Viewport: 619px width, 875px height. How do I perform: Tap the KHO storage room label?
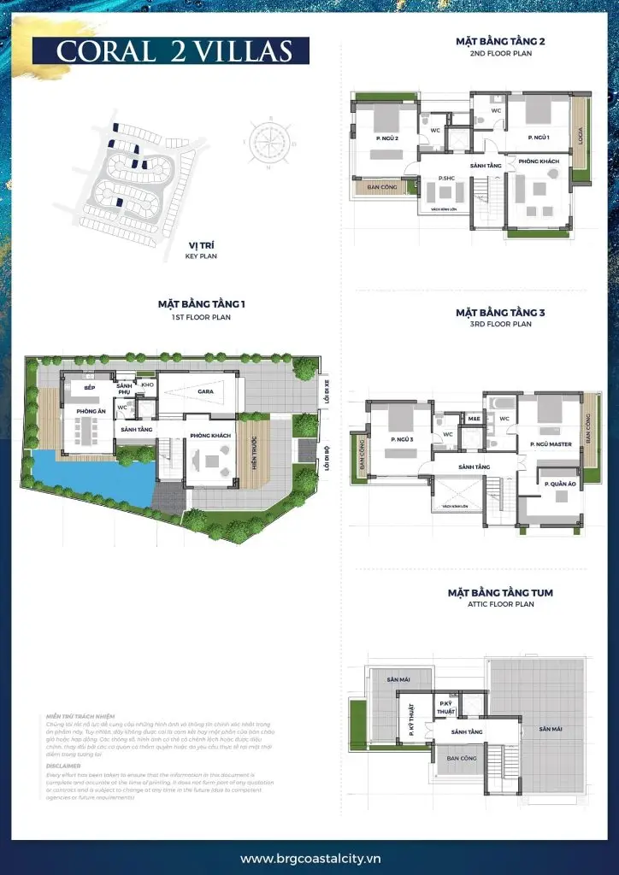[x=147, y=385]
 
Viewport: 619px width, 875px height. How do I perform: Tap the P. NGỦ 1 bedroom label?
[x=538, y=137]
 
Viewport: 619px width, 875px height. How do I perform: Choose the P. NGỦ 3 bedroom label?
[x=400, y=439]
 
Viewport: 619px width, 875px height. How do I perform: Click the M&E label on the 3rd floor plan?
[x=473, y=419]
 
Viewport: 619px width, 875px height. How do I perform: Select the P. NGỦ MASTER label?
[x=550, y=444]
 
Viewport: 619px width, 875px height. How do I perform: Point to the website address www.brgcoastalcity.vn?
[x=309, y=858]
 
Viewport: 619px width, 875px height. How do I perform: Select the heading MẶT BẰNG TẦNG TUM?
[x=500, y=592]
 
